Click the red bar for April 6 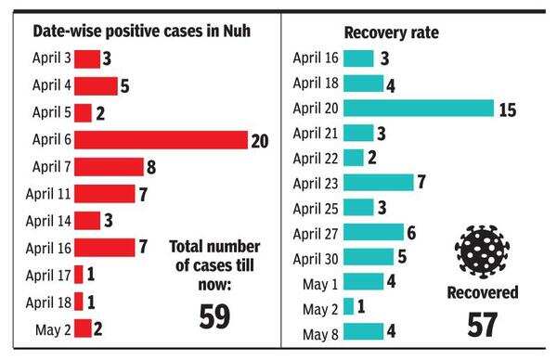tap(161, 140)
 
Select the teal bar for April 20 tap(418, 108)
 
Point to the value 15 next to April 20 tap(506, 109)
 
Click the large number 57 tap(483, 325)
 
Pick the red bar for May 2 tap(83, 328)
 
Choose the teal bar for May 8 tap(363, 331)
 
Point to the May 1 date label tap(319, 281)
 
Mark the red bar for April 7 tap(109, 167)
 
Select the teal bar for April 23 tap(378, 182)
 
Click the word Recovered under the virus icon tap(483, 292)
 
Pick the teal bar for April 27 tap(373, 232)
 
